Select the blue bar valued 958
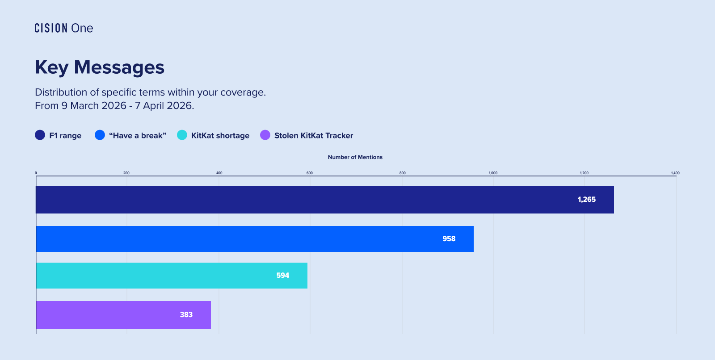[x=255, y=239]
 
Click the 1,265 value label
[x=586, y=200]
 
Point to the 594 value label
[x=282, y=276]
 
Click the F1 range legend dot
[x=40, y=135]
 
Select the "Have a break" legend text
[x=138, y=136]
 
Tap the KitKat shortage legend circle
[x=182, y=135]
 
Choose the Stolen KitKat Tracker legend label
[x=313, y=136]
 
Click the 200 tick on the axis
[x=126, y=173]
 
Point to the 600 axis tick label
[x=310, y=173]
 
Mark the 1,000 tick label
[x=493, y=173]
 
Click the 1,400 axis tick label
[x=675, y=173]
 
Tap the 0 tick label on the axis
[x=36, y=173]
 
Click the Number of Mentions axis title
[x=355, y=157]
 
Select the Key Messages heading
[x=100, y=67]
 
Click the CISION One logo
[x=64, y=28]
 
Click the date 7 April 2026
[x=164, y=106]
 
